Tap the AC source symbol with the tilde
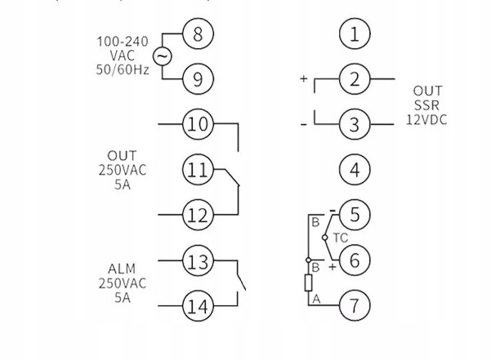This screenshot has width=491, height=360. [x=163, y=56]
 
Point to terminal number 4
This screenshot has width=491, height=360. [x=355, y=170]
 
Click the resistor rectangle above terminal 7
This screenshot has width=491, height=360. [x=309, y=282]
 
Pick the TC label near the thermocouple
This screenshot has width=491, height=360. [x=341, y=238]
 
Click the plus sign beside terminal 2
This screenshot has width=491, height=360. [x=303, y=78]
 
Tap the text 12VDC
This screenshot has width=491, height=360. [x=426, y=119]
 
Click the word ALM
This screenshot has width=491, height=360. [x=122, y=269]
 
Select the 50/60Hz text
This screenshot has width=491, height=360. [x=123, y=69]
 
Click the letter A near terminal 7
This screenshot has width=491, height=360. [x=317, y=299]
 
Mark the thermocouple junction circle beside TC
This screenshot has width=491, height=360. [x=325, y=238]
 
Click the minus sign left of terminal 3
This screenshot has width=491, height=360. [x=304, y=125]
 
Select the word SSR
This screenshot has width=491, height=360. [x=426, y=105]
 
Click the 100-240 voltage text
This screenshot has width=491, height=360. [x=123, y=42]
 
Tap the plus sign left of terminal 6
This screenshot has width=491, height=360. [x=333, y=267]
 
